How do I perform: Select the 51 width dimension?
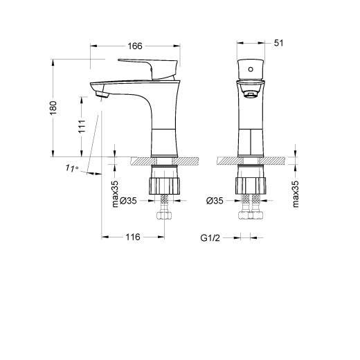click(280, 43)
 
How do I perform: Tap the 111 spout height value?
click(82, 126)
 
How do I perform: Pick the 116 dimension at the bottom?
click(132, 237)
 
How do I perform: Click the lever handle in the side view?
click(149, 66)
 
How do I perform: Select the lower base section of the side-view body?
click(164, 143)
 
